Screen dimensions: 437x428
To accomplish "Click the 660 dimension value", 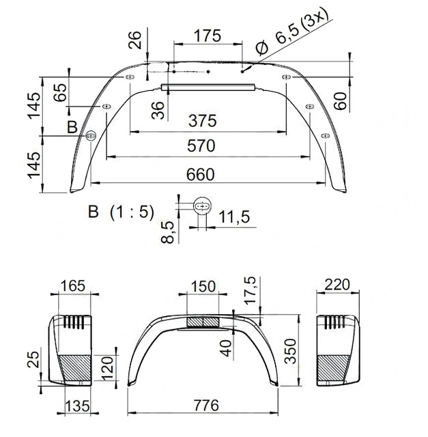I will [x=199, y=174].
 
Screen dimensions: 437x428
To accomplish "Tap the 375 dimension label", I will [x=203, y=120].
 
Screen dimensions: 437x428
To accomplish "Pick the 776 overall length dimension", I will [x=203, y=406].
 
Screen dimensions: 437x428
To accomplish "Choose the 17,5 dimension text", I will [x=251, y=292].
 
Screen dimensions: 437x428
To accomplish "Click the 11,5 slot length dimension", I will [x=235, y=217].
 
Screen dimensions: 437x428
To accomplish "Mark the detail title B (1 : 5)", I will [x=121, y=212].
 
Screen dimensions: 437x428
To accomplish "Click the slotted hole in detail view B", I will [x=202, y=205].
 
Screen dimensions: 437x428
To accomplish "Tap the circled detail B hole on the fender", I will [x=90, y=135].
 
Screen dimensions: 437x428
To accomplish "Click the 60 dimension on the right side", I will [x=342, y=99].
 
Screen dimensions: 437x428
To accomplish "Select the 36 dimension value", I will [x=158, y=110].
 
